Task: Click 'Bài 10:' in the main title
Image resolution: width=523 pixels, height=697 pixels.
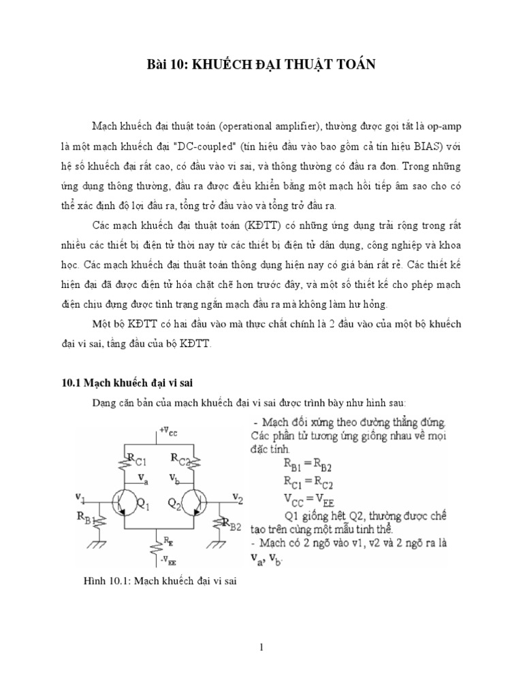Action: (166, 65)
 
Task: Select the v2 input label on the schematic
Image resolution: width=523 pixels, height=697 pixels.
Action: (236, 497)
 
